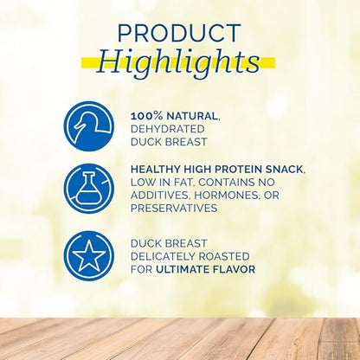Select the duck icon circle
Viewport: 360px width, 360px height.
coord(88,126)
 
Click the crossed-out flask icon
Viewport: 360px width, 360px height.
coord(88,189)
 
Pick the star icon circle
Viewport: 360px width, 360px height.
coord(88,255)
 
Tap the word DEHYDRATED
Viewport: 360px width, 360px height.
coord(170,128)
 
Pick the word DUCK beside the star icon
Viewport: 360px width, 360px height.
coord(147,242)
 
